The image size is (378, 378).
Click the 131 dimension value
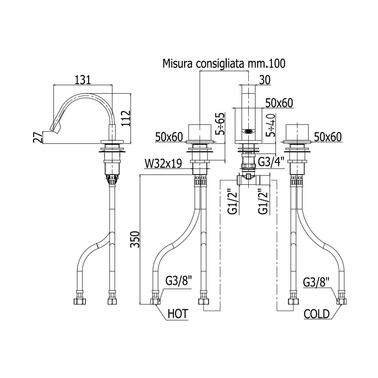pos(83,80)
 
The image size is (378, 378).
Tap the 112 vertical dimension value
pos(125,118)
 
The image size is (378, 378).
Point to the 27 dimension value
pos(38,137)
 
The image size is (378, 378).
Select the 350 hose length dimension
pos(135,239)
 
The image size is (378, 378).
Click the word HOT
pos(178,314)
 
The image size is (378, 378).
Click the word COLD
pos(316,314)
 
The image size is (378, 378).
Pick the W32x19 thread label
pos(163,164)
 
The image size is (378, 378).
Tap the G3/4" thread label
pos(271,162)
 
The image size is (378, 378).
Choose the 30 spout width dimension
pos(265,80)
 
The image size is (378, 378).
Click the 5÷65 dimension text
pos(220,124)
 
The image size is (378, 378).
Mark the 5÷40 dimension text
pos(271,125)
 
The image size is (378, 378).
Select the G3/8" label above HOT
pos(178,281)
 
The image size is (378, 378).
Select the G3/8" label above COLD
pos(316,282)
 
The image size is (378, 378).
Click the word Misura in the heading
pos(178,64)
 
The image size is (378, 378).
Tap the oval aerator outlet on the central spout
pos(248,132)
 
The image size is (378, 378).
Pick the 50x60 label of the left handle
pos(169,137)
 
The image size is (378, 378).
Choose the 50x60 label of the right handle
pos(328,137)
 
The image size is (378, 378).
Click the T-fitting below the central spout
pos(248,179)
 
